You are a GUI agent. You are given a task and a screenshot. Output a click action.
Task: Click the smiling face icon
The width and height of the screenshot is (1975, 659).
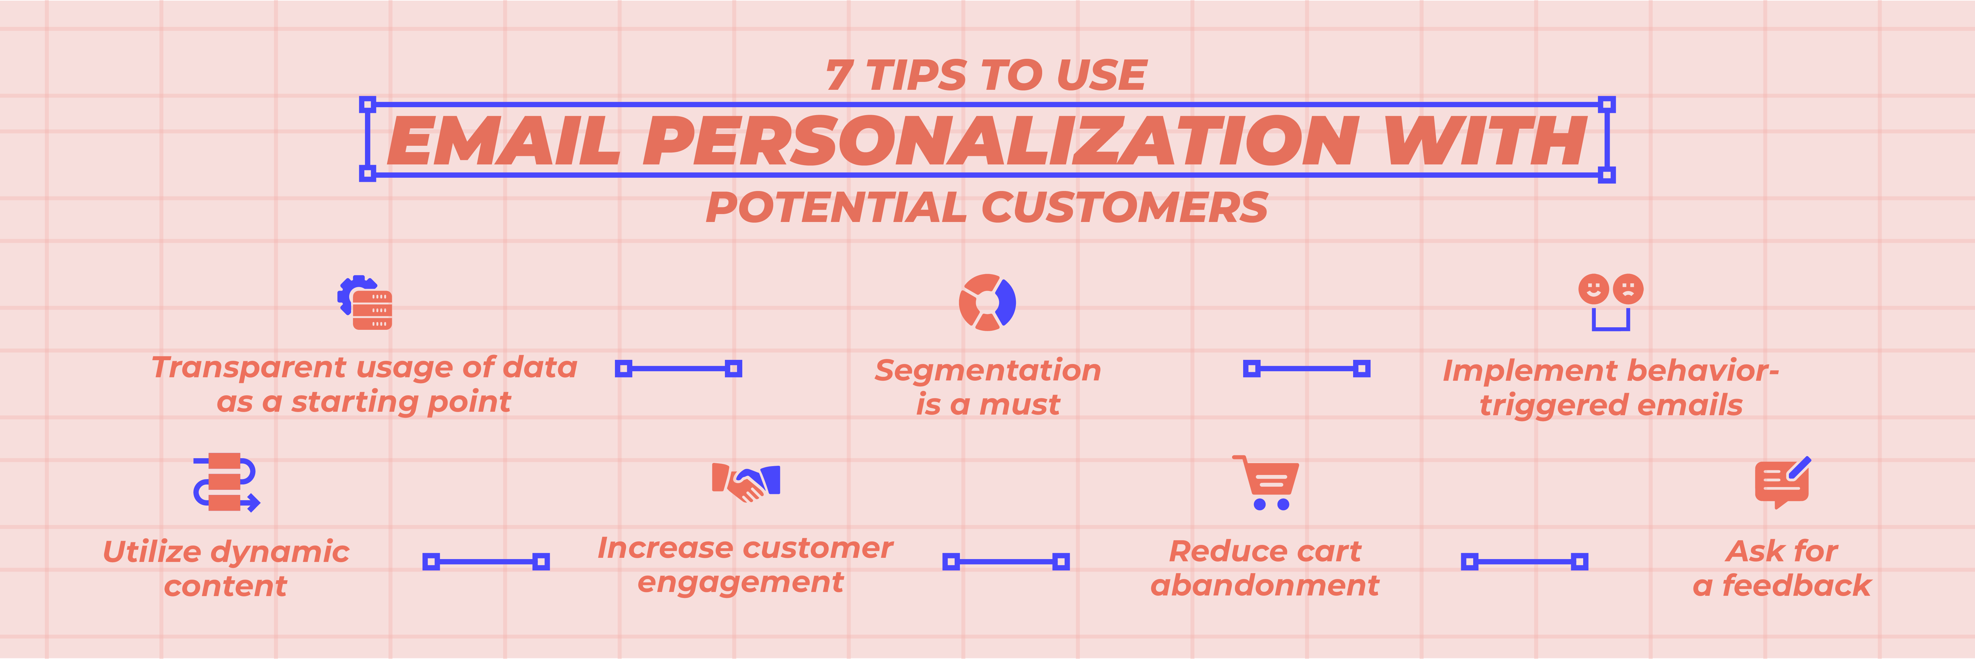click(x=1593, y=289)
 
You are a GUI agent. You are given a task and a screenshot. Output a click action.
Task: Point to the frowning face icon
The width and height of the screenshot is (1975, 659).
click(x=1628, y=289)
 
